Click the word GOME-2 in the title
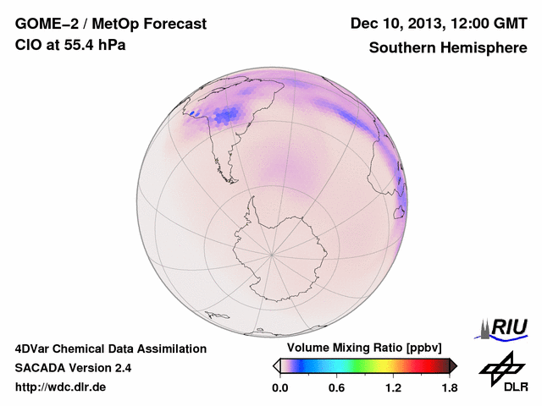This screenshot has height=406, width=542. tap(43, 24)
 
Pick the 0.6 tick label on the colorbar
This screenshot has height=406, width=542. tap(336, 388)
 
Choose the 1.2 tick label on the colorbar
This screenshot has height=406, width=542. tap(393, 388)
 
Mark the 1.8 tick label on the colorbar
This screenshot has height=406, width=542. tap(449, 388)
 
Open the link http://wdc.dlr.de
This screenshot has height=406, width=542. tap(61, 388)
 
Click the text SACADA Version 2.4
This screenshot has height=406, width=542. tap(73, 368)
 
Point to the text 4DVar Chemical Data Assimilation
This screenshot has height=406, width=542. tap(110, 348)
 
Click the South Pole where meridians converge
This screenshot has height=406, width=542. tap(272, 254)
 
